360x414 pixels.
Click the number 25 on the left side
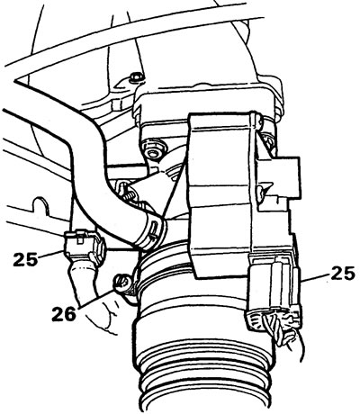(x=25, y=259)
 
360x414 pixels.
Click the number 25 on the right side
(x=343, y=273)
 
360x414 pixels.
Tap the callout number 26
(x=63, y=314)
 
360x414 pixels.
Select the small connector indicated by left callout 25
(x=85, y=244)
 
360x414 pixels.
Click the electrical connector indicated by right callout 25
(x=274, y=292)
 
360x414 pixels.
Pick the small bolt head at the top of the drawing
(x=136, y=77)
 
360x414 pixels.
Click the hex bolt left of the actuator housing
(x=154, y=149)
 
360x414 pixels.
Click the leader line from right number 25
(x=315, y=276)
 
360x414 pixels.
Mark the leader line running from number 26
(x=96, y=298)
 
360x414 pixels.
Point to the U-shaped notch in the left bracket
(x=40, y=204)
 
